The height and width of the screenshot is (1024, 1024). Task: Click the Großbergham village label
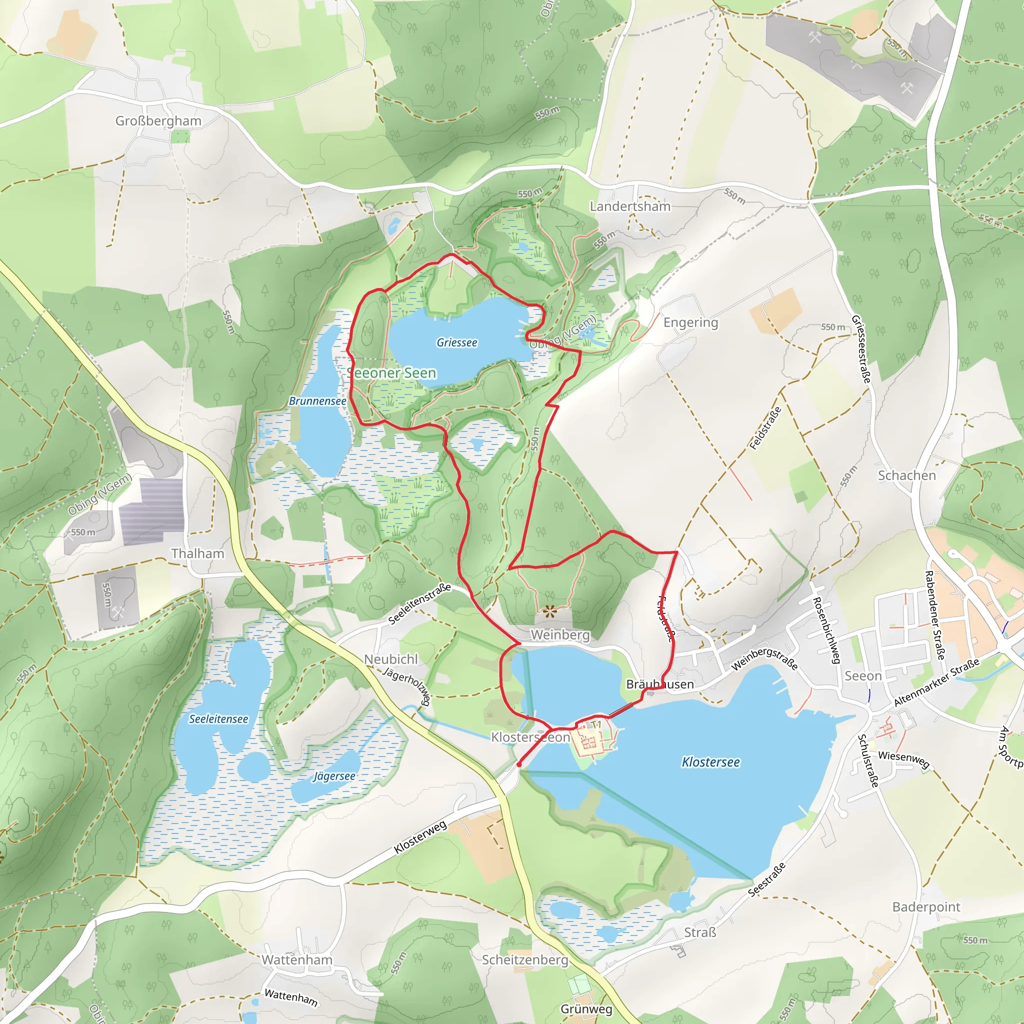pyautogui.click(x=158, y=121)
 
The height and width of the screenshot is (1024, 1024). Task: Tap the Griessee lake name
pyautogui.click(x=457, y=343)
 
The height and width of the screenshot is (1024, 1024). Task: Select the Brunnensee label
pyautogui.click(x=317, y=401)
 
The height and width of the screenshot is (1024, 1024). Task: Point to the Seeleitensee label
pyautogui.click(x=218, y=719)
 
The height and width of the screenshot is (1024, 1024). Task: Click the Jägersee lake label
pyautogui.click(x=334, y=776)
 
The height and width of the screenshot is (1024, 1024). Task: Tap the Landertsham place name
pyautogui.click(x=630, y=206)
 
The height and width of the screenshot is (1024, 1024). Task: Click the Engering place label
pyautogui.click(x=690, y=323)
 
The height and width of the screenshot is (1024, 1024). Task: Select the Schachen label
pyautogui.click(x=907, y=476)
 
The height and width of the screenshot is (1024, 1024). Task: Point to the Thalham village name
pyautogui.click(x=197, y=554)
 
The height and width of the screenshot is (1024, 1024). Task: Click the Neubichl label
pyautogui.click(x=390, y=659)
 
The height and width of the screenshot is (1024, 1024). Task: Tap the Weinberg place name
pyautogui.click(x=560, y=635)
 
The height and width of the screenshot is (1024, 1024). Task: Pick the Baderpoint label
pyautogui.click(x=926, y=907)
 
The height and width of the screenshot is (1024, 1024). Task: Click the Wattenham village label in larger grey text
pyautogui.click(x=297, y=960)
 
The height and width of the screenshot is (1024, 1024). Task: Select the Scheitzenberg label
pyautogui.click(x=524, y=960)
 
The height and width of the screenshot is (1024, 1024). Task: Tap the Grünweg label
pyautogui.click(x=586, y=1009)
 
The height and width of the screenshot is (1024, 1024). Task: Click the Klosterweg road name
pyautogui.click(x=420, y=837)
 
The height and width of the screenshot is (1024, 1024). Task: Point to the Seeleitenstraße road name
pyautogui.click(x=420, y=603)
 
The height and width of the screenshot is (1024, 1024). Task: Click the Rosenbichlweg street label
pyautogui.click(x=827, y=630)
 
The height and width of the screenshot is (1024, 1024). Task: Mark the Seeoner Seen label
pyautogui.click(x=392, y=373)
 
